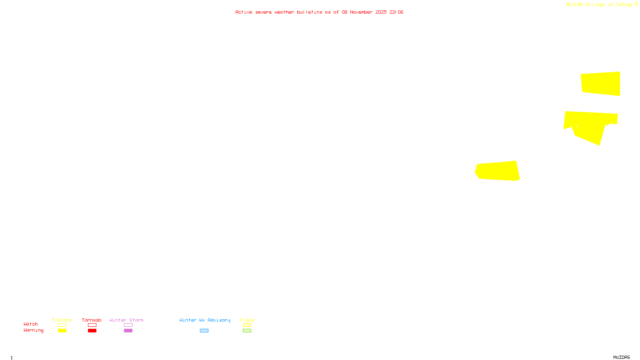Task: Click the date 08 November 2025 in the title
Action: pyautogui.click(x=364, y=12)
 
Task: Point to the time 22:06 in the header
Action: pyautogui.click(x=396, y=12)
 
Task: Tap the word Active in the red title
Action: pyautogui.click(x=244, y=12)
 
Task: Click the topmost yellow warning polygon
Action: pyautogui.click(x=600, y=84)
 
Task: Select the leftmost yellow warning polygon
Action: pyautogui.click(x=498, y=171)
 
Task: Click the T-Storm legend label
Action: pyautogui.click(x=62, y=320)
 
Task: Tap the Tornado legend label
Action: pyautogui.click(x=92, y=320)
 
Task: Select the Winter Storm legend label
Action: pyautogui.click(x=126, y=320)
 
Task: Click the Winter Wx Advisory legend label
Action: pyautogui.click(x=205, y=320)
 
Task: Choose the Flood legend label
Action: pyautogui.click(x=247, y=320)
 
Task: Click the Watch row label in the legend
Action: pyautogui.click(x=31, y=324)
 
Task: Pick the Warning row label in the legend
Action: pyautogui.click(x=34, y=330)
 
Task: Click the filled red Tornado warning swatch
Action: pyautogui.click(x=92, y=331)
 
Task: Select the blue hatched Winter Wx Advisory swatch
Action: pyautogui.click(x=204, y=331)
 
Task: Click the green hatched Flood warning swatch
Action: pyautogui.click(x=247, y=331)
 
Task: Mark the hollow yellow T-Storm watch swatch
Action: pyautogui.click(x=62, y=325)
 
